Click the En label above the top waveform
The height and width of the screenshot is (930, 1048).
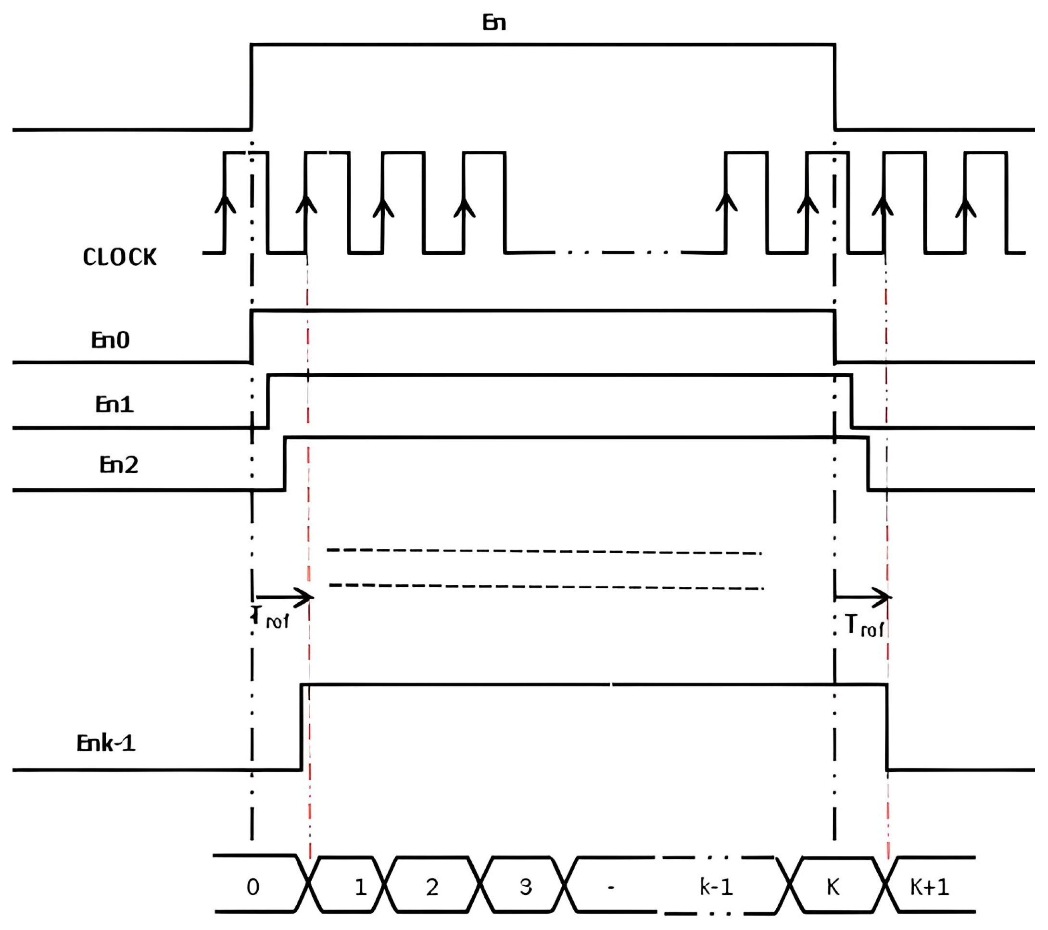pos(494,23)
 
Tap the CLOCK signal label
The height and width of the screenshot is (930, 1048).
pos(119,257)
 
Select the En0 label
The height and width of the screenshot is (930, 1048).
pos(110,340)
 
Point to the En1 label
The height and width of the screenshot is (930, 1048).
pos(114,405)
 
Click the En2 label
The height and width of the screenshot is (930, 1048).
pos(118,465)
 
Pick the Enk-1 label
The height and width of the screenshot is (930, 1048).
pos(106,744)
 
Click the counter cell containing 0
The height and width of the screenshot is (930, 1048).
pos(253,887)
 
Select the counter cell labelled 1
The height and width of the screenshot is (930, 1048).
pos(360,887)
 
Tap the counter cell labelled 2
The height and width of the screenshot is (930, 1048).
pos(432,887)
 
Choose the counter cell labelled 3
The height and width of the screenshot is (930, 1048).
pos(525,887)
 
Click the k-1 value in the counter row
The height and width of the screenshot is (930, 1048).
pos(716,886)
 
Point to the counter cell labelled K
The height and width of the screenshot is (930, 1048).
pos(833,886)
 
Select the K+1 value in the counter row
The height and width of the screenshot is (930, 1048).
pos(929,886)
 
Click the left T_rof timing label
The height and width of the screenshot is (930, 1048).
pos(271,618)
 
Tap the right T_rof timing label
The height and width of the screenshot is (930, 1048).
pos(864,626)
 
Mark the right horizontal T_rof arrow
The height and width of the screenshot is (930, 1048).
pos(863,597)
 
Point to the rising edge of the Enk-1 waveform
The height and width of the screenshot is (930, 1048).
pos(302,727)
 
